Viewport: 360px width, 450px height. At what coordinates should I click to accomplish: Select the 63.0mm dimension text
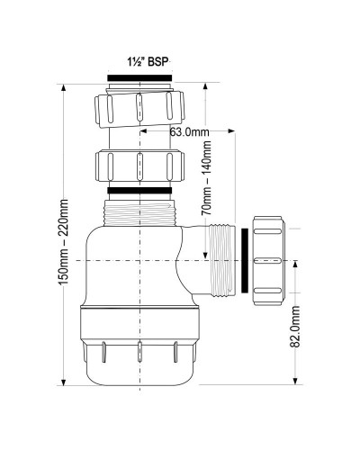tap(192, 132)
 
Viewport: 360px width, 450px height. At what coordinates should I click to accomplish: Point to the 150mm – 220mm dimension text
tap(63, 243)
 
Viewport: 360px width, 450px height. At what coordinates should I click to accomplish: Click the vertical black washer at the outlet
tap(246, 261)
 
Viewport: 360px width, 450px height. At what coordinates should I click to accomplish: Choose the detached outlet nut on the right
tap(270, 260)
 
